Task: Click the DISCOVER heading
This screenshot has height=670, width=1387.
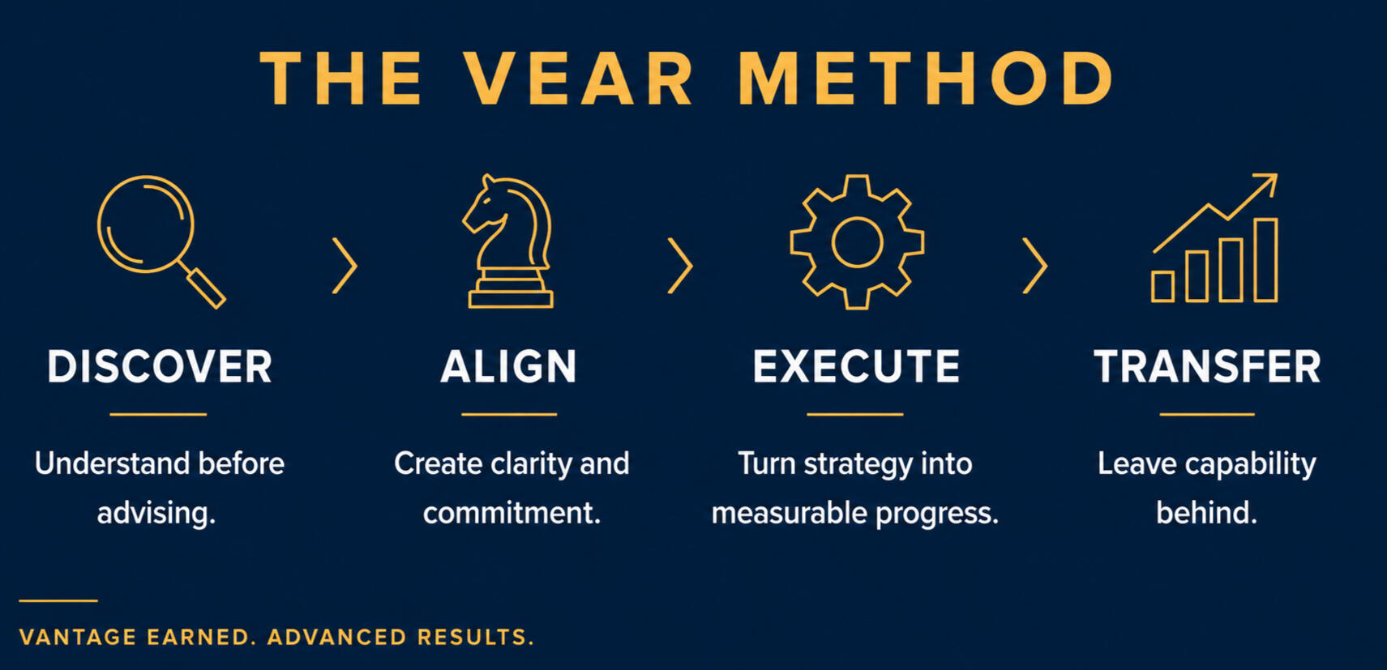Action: pyautogui.click(x=160, y=366)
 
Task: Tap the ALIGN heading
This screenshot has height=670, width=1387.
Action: pyautogui.click(x=508, y=366)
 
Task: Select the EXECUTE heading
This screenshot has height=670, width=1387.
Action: pyautogui.click(x=856, y=366)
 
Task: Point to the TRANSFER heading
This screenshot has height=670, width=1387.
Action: pyautogui.click(x=1207, y=366)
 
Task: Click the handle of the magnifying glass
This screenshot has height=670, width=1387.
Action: pyautogui.click(x=203, y=286)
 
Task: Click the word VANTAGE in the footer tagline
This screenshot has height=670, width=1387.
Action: pyautogui.click(x=78, y=638)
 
